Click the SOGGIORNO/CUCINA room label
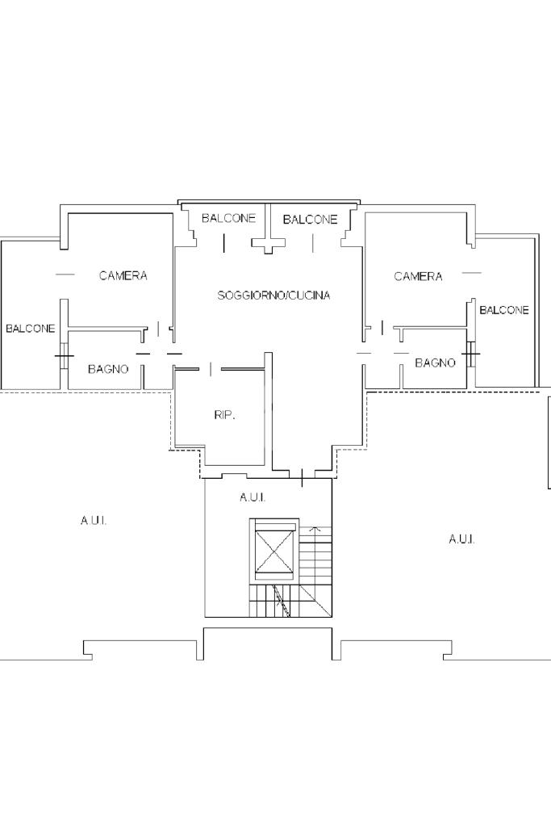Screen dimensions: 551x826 pos(273,295)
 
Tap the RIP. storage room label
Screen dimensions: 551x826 pos(225,415)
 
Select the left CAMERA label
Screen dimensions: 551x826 pos(123,275)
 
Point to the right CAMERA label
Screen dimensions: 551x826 pos(418,276)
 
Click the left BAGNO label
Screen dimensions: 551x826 pos(108,369)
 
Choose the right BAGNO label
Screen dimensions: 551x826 pos(435,363)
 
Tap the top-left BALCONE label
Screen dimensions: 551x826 pos(228,218)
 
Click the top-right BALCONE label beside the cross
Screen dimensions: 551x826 pos(310,219)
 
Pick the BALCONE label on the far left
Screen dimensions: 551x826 pos(31,329)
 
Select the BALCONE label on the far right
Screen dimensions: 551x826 pos(503,310)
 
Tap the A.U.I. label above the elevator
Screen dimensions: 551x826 pos(253,497)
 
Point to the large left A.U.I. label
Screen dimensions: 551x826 pos(94,521)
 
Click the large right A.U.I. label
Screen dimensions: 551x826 pos(461,539)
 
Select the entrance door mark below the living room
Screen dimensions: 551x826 pos(302,477)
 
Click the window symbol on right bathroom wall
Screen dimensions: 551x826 pos(471,352)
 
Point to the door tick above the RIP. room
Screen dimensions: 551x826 pos(211,369)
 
